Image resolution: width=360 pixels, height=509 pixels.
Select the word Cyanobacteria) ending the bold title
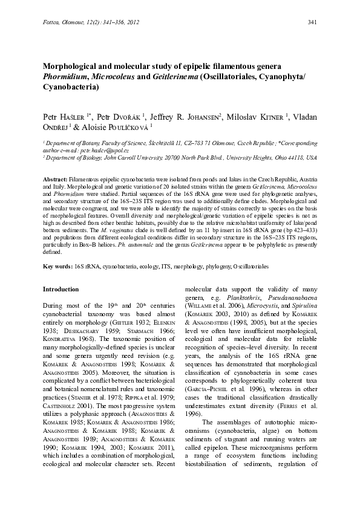70,87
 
